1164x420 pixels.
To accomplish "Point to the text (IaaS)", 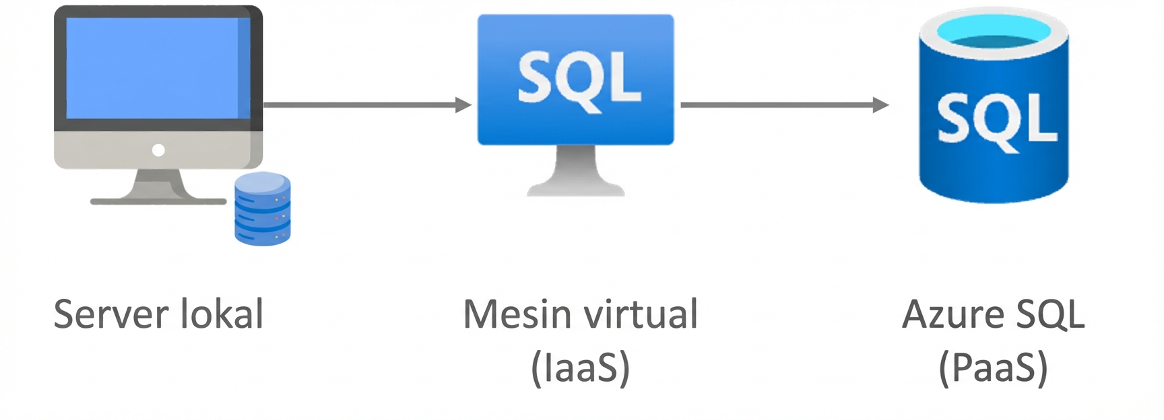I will point(580,367).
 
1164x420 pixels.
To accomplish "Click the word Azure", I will point(952,315).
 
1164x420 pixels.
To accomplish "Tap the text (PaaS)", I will point(993,367).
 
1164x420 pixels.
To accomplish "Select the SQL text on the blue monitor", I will point(578,79).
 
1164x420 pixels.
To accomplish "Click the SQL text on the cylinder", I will point(996,120).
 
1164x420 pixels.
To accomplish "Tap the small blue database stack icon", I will point(262,209).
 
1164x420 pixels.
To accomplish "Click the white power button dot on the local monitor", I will point(158,150).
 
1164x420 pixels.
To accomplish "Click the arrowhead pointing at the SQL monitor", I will point(463,105).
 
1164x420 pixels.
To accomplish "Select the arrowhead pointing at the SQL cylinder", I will point(880,105).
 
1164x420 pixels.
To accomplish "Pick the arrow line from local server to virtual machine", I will point(357,105).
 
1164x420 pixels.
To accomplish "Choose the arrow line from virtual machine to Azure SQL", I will point(775,105).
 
